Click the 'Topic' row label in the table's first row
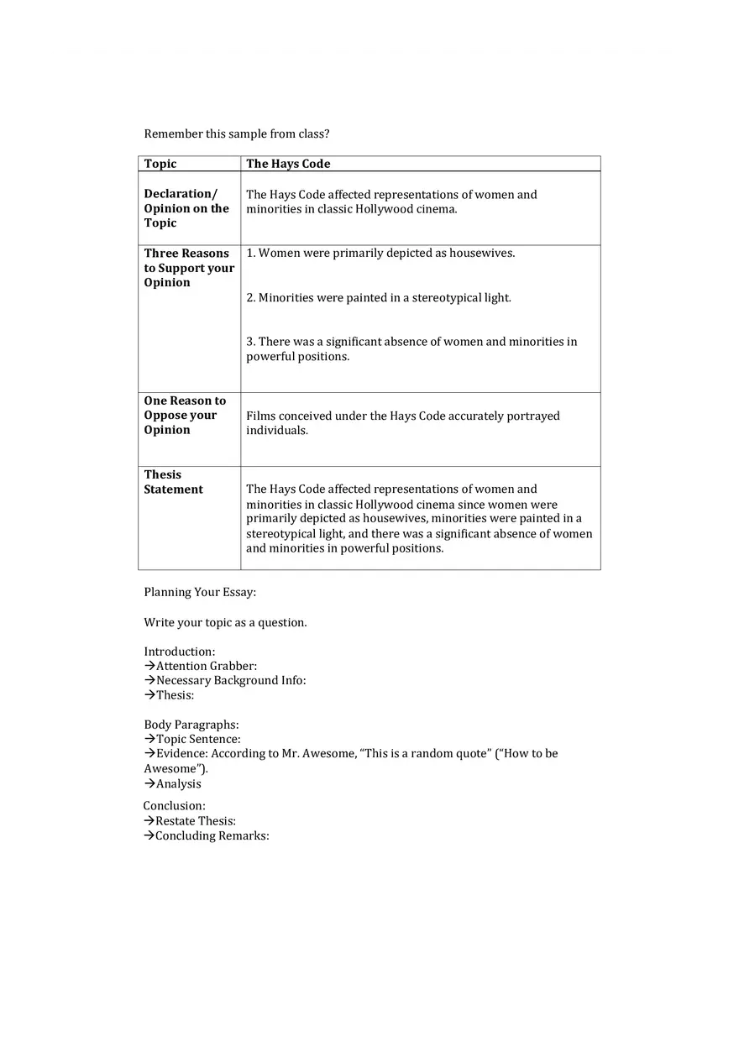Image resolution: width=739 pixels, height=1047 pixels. (160, 164)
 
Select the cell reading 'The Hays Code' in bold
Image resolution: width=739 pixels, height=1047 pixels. (288, 164)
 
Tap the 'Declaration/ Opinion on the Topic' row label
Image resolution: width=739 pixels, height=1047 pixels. (186, 208)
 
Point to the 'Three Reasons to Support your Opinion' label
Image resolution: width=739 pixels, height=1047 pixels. (188, 268)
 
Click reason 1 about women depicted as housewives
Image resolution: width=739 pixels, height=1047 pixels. (380, 253)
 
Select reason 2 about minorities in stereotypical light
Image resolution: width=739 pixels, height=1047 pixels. (378, 297)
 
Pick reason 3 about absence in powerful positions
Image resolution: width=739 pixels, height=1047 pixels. (411, 348)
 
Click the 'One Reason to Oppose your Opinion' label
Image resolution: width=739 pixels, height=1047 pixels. (185, 415)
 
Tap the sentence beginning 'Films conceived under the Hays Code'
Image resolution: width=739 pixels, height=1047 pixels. (402, 422)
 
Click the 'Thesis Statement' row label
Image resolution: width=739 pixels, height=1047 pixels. (173, 482)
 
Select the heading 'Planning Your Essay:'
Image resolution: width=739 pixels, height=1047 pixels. (200, 592)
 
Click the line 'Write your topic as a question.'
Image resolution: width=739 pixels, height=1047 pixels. (225, 622)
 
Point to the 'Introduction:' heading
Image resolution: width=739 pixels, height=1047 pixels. (179, 652)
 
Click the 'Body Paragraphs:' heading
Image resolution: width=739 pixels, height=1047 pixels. (191, 725)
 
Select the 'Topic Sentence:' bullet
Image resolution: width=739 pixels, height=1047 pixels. (197, 739)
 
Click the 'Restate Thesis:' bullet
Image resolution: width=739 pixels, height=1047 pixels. (195, 820)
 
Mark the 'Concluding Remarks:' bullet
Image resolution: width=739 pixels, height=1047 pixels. (212, 835)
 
